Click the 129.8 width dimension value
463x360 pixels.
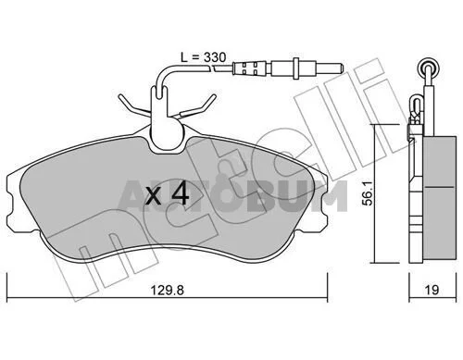(167, 291)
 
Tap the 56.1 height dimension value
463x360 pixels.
(368, 193)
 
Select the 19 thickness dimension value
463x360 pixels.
(432, 290)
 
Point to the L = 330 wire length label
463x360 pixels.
(203, 57)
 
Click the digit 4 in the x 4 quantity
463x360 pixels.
(181, 193)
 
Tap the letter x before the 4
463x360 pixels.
(154, 196)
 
